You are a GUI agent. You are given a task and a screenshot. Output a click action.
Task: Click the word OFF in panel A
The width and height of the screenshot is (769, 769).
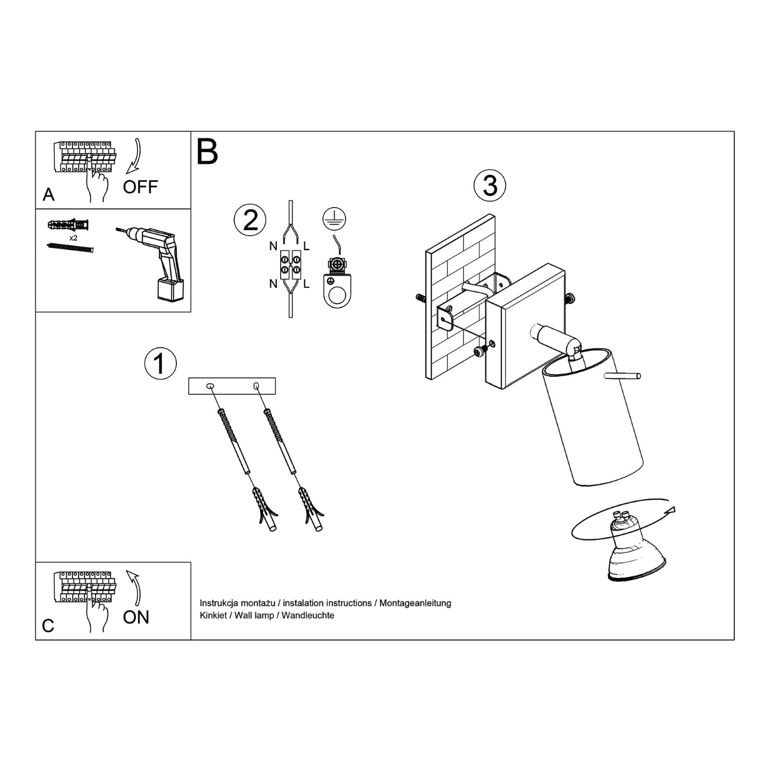[x=141, y=187]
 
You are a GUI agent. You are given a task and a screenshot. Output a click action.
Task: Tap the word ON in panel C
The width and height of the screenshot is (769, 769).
[x=136, y=617]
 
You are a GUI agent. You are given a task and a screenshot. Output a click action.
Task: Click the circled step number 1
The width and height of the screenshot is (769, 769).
[x=160, y=364]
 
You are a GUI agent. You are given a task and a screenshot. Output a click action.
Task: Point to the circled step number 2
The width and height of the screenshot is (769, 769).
[x=250, y=220]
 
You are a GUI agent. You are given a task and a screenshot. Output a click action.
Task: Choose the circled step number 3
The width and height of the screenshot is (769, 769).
[x=489, y=186]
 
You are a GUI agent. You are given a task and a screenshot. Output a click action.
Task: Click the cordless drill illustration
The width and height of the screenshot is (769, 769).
[x=155, y=261]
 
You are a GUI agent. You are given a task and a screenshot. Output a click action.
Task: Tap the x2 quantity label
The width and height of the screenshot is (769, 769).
[x=74, y=238]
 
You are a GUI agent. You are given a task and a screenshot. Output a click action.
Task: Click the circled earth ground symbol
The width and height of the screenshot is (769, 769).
[x=335, y=219]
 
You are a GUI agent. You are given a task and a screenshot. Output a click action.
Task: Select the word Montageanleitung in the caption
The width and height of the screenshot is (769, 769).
[x=415, y=603]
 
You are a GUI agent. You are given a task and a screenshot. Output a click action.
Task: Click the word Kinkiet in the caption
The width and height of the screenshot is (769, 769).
[x=213, y=615]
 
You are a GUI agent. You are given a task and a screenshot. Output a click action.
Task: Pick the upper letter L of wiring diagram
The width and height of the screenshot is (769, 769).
[x=306, y=246]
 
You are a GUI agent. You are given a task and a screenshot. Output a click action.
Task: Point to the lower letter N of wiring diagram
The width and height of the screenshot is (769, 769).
[x=273, y=284]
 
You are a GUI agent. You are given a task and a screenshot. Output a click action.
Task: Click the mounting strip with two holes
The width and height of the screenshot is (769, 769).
[x=232, y=386]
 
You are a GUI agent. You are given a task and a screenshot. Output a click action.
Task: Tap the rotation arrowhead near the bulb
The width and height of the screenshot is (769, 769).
[x=672, y=510]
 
